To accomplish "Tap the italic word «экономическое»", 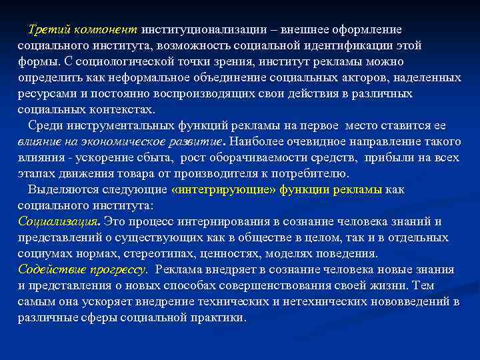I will [130, 142].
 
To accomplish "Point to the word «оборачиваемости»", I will [263, 158].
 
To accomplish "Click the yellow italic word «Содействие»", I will [49, 270].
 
